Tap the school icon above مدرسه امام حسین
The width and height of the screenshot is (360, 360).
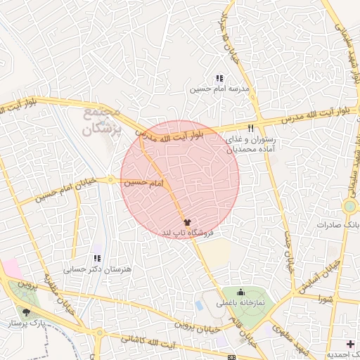click(x=219, y=78)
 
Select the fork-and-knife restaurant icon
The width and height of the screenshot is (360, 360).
click(x=251, y=129)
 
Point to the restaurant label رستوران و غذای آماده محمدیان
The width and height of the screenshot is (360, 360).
click(x=248, y=146)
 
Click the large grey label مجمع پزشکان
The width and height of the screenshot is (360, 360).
click(x=103, y=121)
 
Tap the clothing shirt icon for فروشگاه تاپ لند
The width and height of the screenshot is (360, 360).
click(x=186, y=222)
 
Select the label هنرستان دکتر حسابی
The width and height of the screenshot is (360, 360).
click(x=89, y=268)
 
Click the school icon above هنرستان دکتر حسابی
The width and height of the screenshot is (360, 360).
click(x=97, y=257)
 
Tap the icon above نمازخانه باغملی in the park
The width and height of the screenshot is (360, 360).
click(x=242, y=292)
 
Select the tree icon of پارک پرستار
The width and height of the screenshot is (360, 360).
click(x=27, y=311)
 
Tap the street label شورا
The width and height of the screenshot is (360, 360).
click(x=326, y=298)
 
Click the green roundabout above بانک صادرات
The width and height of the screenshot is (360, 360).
click(x=350, y=207)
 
